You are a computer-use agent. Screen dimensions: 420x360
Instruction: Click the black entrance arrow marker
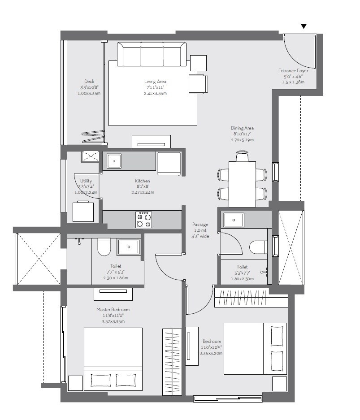pyautogui.click(x=304, y=26)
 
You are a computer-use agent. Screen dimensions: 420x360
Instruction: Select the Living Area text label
pyautogui.click(x=155, y=81)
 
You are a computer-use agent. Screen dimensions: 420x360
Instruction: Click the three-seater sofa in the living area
pyautogui.click(x=152, y=54)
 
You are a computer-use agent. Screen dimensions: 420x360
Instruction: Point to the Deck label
pyautogui.click(x=89, y=81)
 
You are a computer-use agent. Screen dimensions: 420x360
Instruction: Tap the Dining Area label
pyautogui.click(x=243, y=128)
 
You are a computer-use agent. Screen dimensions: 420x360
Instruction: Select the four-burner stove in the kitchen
pyautogui.click(x=144, y=220)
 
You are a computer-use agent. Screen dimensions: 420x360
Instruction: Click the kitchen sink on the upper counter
pyautogui.click(x=114, y=160)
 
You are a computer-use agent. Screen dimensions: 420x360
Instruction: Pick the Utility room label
pyautogui.click(x=86, y=181)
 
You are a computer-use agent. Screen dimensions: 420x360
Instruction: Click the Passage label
pyautogui.click(x=200, y=224)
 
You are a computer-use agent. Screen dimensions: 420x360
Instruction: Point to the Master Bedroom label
pyautogui.click(x=113, y=310)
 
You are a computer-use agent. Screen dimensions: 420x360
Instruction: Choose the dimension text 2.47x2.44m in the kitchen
pyautogui.click(x=143, y=192)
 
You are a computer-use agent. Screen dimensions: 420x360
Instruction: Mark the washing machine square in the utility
pyautogui.click(x=84, y=211)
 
